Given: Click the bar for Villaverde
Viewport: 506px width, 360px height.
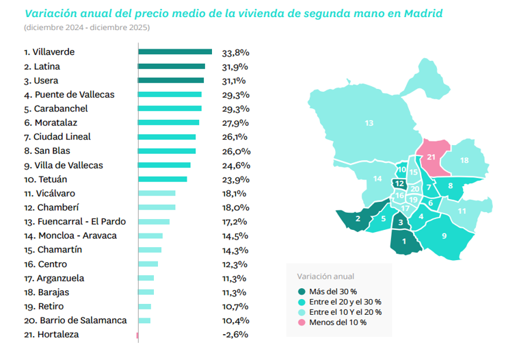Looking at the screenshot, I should [175, 52].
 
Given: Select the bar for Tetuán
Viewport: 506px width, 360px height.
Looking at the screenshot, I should [162, 179].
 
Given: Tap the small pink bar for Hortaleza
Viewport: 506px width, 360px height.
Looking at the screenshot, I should [137, 335].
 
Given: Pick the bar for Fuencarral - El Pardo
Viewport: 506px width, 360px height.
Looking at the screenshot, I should [154, 222].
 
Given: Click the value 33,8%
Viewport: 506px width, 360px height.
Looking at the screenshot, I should [235, 52].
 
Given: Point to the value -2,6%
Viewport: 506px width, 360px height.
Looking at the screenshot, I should [235, 335].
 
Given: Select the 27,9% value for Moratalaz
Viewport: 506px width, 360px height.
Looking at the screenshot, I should [235, 123].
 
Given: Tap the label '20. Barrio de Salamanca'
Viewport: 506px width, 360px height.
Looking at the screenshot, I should [75, 320].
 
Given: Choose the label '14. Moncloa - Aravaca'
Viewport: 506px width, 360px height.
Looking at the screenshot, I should [70, 235].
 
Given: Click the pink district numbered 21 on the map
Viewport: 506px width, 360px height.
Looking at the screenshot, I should [431, 157].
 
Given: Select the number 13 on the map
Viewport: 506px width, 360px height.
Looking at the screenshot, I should [369, 123].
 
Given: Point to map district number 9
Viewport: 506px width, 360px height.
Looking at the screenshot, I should [444, 236].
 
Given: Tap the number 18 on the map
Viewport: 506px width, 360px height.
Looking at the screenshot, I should [464, 160].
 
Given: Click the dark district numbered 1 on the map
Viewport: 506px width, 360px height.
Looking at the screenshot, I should [404, 240].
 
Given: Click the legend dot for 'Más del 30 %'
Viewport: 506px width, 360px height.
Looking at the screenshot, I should [302, 292].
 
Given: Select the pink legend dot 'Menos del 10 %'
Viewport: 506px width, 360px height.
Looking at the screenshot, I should [302, 322].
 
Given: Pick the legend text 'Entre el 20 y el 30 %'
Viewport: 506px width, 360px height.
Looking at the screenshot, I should [345, 302].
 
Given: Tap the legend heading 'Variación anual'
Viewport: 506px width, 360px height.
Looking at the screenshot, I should [325, 277].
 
